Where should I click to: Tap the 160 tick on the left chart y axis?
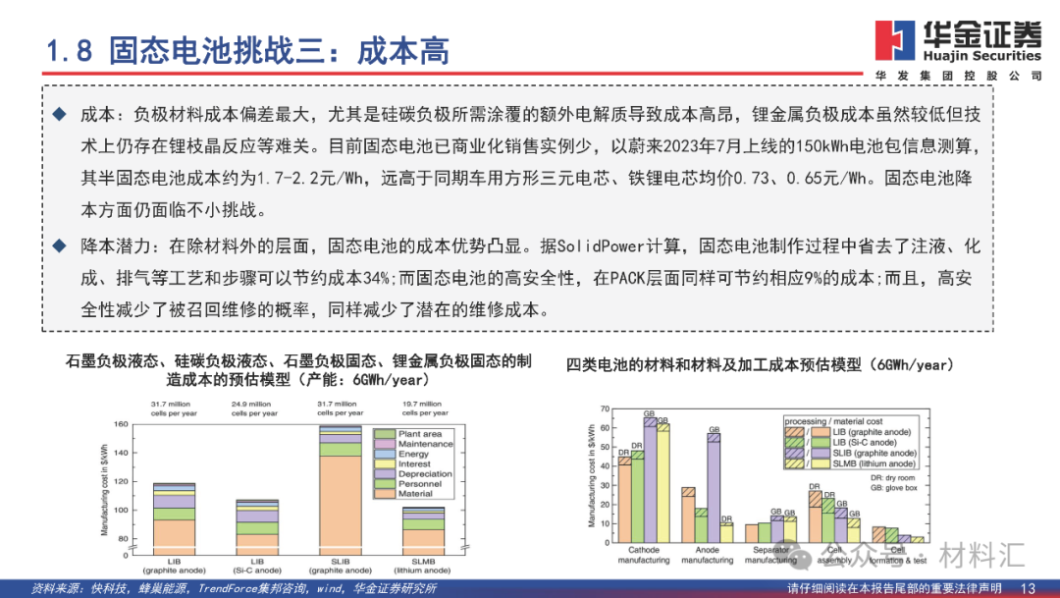coord(121,424)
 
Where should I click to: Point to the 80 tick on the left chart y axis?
coord(123,539)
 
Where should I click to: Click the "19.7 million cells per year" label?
coord(424,408)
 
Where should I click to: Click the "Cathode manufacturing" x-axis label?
coord(643,555)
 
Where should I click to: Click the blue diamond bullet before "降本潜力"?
coord(60,245)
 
